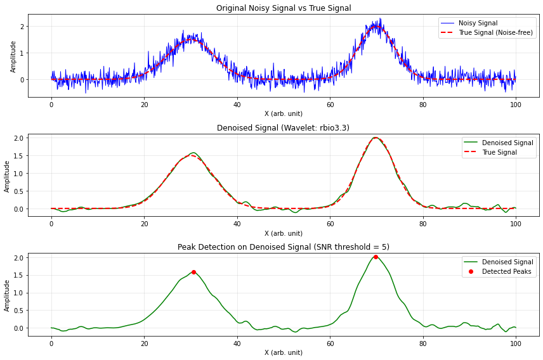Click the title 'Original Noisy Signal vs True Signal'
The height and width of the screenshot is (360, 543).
click(x=284, y=8)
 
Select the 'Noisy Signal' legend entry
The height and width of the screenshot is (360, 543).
click(x=479, y=23)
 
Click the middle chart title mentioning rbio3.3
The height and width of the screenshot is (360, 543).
click(x=284, y=128)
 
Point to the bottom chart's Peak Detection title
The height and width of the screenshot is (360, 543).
click(x=284, y=247)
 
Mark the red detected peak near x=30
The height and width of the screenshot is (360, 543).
click(x=193, y=272)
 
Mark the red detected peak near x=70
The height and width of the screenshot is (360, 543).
click(x=376, y=257)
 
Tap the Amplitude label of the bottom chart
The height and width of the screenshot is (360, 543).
click(x=8, y=295)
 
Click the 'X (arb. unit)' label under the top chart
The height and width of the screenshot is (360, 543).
click(x=284, y=113)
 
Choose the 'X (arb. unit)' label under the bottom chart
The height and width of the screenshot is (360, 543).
click(x=284, y=352)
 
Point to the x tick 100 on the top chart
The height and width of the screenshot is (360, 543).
click(x=516, y=105)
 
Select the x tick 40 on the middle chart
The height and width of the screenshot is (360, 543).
click(x=237, y=224)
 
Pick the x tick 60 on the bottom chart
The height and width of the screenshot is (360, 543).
click(x=330, y=343)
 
